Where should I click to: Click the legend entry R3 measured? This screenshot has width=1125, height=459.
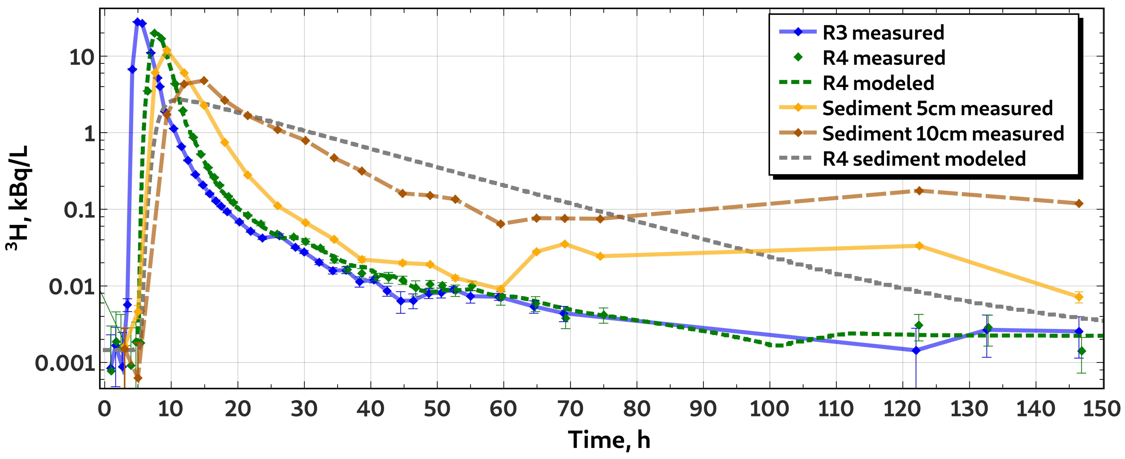(861, 33)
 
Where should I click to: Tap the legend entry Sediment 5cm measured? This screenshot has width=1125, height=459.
(916, 108)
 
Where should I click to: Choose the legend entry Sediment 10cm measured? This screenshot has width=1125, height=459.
(922, 134)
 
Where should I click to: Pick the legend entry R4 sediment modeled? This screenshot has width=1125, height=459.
(902, 159)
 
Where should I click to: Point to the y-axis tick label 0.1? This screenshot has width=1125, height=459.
(79, 210)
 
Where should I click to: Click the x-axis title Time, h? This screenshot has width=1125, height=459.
(609, 440)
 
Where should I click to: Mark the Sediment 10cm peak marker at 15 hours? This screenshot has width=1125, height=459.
(203, 81)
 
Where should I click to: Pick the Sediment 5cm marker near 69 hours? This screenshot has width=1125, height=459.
(565, 244)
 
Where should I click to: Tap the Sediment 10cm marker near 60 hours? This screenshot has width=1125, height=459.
(501, 224)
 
